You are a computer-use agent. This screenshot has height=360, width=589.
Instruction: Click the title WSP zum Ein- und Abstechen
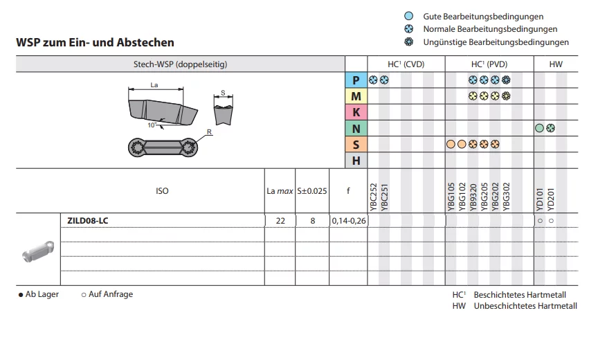(95, 42)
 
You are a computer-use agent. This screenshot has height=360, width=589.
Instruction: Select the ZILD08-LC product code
(87, 221)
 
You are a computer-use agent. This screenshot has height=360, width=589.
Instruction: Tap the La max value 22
(280, 221)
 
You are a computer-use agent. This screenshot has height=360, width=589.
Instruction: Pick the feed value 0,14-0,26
(349, 221)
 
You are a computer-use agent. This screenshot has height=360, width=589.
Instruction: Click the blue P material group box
(356, 80)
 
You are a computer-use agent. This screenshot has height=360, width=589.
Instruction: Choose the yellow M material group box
(356, 96)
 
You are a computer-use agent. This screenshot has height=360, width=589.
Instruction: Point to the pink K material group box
(356, 112)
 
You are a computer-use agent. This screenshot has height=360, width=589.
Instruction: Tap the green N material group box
(356, 129)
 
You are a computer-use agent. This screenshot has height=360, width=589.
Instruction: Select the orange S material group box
(356, 144)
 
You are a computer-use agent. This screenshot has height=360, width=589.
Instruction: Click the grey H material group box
(356, 161)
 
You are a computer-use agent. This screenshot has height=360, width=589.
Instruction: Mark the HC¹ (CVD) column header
(406, 64)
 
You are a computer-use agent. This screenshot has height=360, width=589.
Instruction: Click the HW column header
(556, 64)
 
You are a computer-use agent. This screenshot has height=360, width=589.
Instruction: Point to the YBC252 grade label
(373, 197)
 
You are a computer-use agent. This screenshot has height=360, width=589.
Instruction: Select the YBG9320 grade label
(473, 197)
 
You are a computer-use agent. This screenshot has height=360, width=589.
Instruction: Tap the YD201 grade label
(551, 199)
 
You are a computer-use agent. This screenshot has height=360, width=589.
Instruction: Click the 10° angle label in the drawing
(152, 125)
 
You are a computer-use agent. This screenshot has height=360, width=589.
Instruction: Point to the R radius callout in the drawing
(209, 132)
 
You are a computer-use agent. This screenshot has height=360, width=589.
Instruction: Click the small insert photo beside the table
(38, 251)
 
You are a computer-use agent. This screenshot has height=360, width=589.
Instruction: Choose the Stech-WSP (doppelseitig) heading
(181, 64)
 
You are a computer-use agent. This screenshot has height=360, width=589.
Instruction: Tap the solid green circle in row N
(539, 128)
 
